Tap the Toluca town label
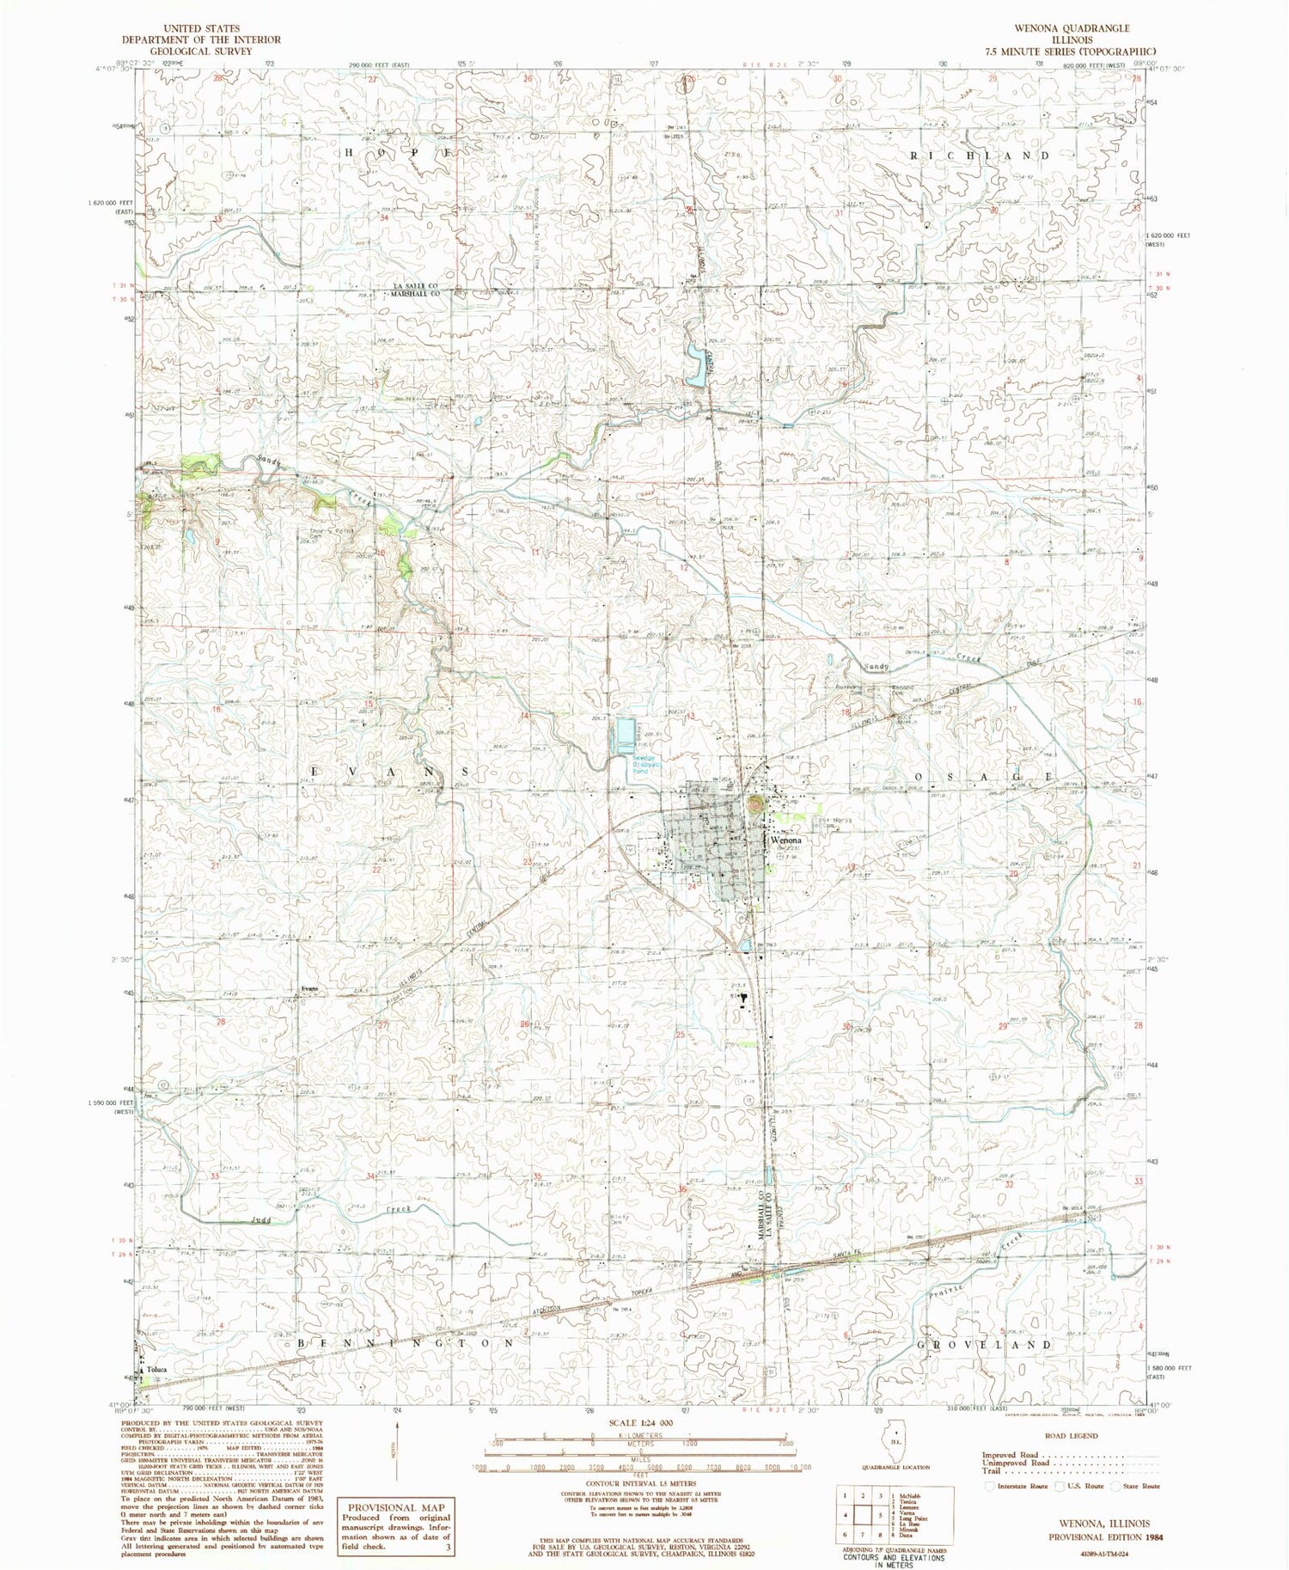point(156,1369)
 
